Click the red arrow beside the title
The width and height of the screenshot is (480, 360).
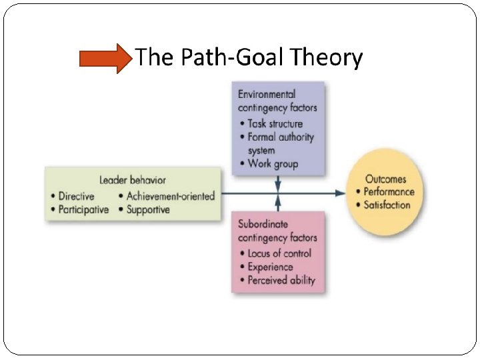click(x=105, y=59)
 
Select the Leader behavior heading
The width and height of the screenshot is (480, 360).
click(x=133, y=180)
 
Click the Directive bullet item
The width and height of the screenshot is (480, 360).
click(x=76, y=196)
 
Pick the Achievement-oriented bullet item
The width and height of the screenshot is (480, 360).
click(x=171, y=196)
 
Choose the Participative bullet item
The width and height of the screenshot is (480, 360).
click(x=83, y=209)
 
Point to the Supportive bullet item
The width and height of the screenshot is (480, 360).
click(x=148, y=209)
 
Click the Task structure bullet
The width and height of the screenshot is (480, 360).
click(x=275, y=123)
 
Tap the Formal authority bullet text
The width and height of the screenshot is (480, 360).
click(x=280, y=137)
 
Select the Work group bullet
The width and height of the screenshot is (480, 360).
click(x=273, y=164)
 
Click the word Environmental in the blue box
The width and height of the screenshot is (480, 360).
click(x=267, y=94)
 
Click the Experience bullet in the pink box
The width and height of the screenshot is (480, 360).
click(x=270, y=267)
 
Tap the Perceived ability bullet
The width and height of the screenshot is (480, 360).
click(x=281, y=281)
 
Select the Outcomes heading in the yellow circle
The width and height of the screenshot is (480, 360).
click(x=385, y=179)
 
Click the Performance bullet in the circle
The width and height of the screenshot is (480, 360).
click(x=389, y=192)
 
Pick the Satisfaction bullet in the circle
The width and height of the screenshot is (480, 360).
click(x=387, y=205)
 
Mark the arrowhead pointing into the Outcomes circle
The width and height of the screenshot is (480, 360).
click(x=341, y=193)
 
